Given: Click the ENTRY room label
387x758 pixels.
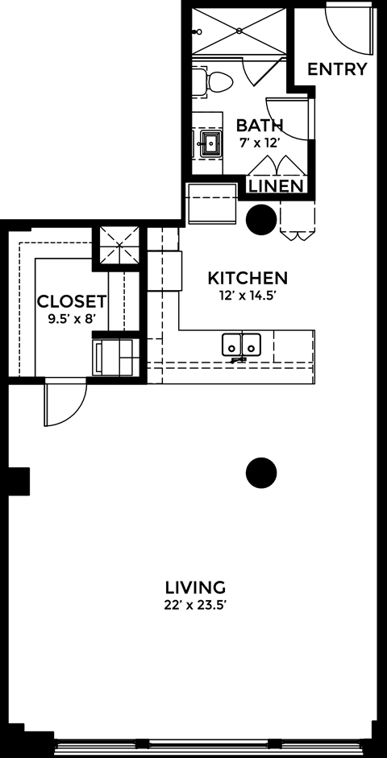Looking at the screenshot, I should [x=337, y=68].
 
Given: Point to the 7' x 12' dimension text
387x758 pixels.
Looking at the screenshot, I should [x=260, y=143].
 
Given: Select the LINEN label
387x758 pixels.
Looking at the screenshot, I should [x=276, y=187].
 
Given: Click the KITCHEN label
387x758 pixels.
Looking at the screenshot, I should [x=248, y=278].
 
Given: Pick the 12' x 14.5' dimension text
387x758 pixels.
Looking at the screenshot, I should [x=248, y=296].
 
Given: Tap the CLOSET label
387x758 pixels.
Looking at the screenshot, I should [x=72, y=302].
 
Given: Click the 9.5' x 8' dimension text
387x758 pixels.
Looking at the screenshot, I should [x=72, y=318].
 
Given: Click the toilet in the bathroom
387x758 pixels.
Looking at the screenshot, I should [x=213, y=81].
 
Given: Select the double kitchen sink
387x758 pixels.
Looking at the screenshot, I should [x=242, y=345].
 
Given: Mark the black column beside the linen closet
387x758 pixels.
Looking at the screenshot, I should [x=261, y=218].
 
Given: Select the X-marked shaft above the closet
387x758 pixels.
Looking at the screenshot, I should [x=119, y=245].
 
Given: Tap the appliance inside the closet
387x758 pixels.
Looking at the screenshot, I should [x=113, y=356].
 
